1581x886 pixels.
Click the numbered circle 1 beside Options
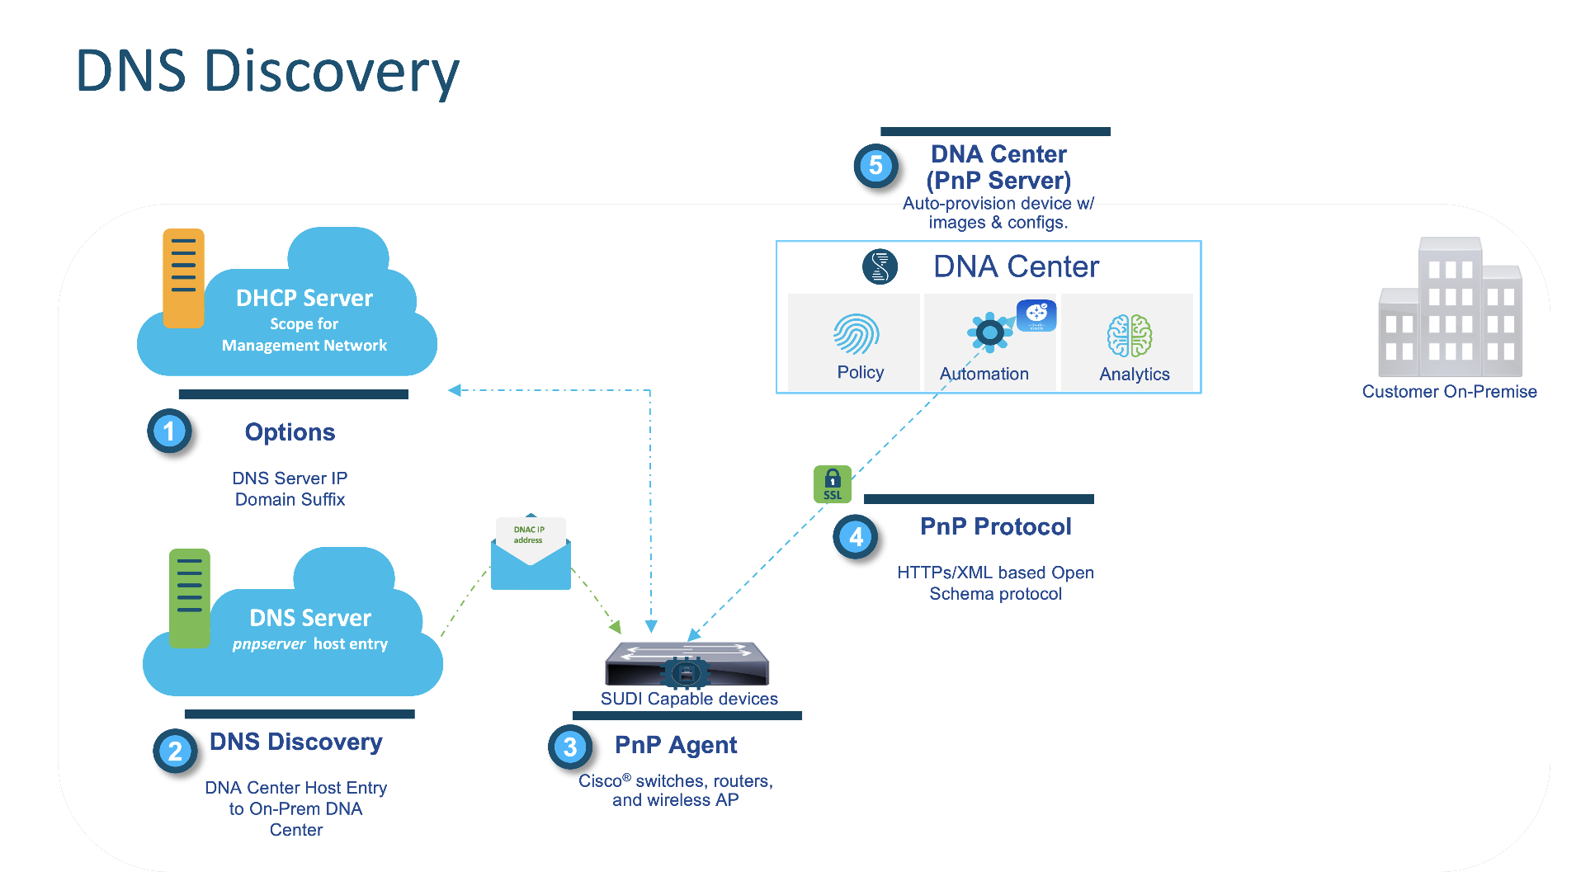pos(169,431)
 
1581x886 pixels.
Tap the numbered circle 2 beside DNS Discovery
pos(175,751)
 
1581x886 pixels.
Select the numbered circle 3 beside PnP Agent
pos(570,747)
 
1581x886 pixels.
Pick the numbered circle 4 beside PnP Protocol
pos(856,537)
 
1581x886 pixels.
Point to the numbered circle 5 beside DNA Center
pos(875,165)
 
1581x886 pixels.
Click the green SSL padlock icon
pos(832,484)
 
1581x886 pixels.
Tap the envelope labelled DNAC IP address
pos(531,554)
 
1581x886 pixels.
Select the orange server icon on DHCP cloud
pos(183,278)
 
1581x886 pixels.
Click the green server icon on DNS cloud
pos(189,597)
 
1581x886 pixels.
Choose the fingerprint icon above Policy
pos(856,334)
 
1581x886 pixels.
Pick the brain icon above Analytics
pos(1129,336)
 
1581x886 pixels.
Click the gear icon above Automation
pos(989,332)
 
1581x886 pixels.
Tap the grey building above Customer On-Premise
pos(1450,309)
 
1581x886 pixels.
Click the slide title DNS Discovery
pos(267,72)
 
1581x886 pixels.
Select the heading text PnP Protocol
pos(995,526)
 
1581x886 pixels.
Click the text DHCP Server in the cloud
pos(304,298)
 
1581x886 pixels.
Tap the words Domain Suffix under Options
pos(290,499)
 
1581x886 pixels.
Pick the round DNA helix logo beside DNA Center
pos(880,267)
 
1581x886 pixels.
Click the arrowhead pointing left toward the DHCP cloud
pos(454,389)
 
